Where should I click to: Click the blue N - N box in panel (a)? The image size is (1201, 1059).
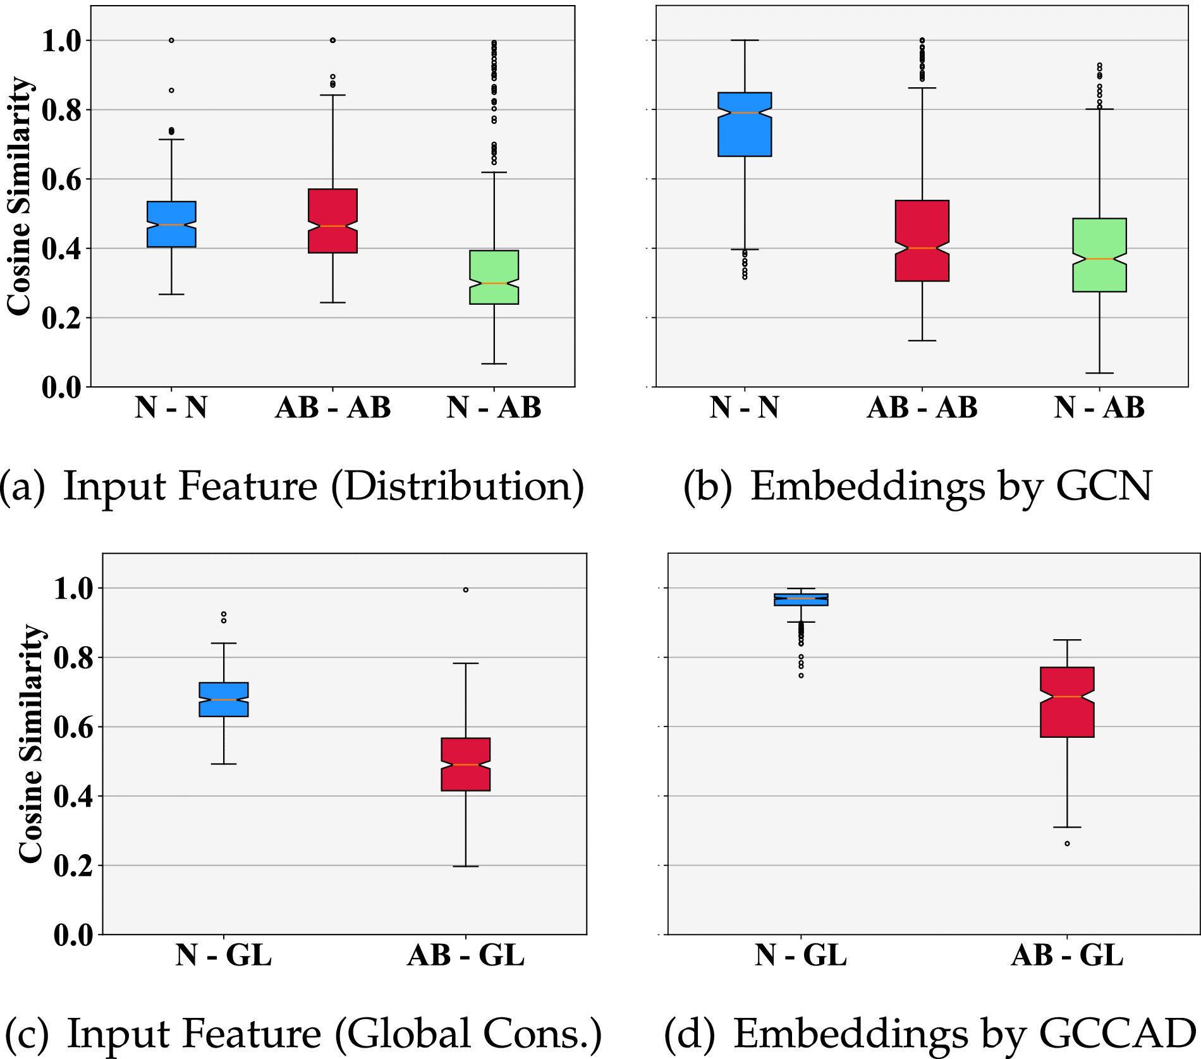point(171,224)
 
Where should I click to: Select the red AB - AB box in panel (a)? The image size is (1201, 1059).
point(332,221)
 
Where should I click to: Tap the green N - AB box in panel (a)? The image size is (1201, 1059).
point(494,277)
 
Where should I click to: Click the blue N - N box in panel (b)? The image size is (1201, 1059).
point(745,125)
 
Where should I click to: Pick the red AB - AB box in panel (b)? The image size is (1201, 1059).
point(922,240)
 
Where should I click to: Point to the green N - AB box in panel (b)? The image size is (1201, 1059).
point(1099,255)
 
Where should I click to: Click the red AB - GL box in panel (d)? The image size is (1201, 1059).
point(1067,702)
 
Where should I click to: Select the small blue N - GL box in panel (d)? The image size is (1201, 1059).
point(801,599)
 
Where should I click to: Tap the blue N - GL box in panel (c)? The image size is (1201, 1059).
point(224,699)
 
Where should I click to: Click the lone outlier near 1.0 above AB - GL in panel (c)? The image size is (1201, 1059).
point(466,590)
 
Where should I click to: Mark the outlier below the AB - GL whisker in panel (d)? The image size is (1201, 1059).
point(1067,843)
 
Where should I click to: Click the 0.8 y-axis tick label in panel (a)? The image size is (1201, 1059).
point(61,110)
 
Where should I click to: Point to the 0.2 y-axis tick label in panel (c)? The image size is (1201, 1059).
point(73,866)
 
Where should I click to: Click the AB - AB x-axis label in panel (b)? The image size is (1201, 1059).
point(922,408)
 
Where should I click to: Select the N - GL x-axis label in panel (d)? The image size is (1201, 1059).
point(801,955)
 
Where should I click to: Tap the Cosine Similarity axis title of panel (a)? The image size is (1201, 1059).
point(19,196)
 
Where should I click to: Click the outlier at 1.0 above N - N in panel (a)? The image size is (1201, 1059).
point(171,40)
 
